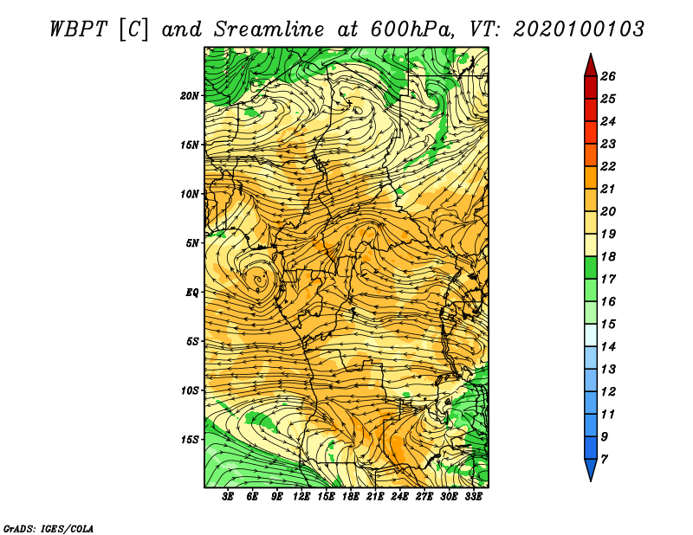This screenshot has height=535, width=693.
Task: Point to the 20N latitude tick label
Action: click(x=190, y=95)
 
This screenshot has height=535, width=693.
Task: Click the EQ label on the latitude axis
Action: click(x=193, y=293)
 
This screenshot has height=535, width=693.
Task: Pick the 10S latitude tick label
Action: click(x=190, y=390)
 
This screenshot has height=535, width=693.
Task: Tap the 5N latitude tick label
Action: click(x=193, y=243)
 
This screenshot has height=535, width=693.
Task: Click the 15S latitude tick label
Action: click(x=190, y=440)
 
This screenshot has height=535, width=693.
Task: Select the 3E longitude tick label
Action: click(x=229, y=497)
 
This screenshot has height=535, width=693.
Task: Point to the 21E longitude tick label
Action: click(x=375, y=497)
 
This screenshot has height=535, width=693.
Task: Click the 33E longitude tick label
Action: click(x=473, y=497)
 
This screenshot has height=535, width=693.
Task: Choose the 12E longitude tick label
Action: click(x=301, y=497)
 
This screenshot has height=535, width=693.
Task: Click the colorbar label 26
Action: click(x=607, y=76)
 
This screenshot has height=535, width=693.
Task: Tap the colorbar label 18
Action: click(x=607, y=257)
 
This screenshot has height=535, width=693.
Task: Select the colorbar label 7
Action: click(x=604, y=459)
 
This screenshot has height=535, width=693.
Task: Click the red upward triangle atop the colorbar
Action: click(x=590, y=64)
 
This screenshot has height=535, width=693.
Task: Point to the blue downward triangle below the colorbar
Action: click(x=590, y=470)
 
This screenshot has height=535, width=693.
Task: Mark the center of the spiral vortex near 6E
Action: click(x=258, y=280)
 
